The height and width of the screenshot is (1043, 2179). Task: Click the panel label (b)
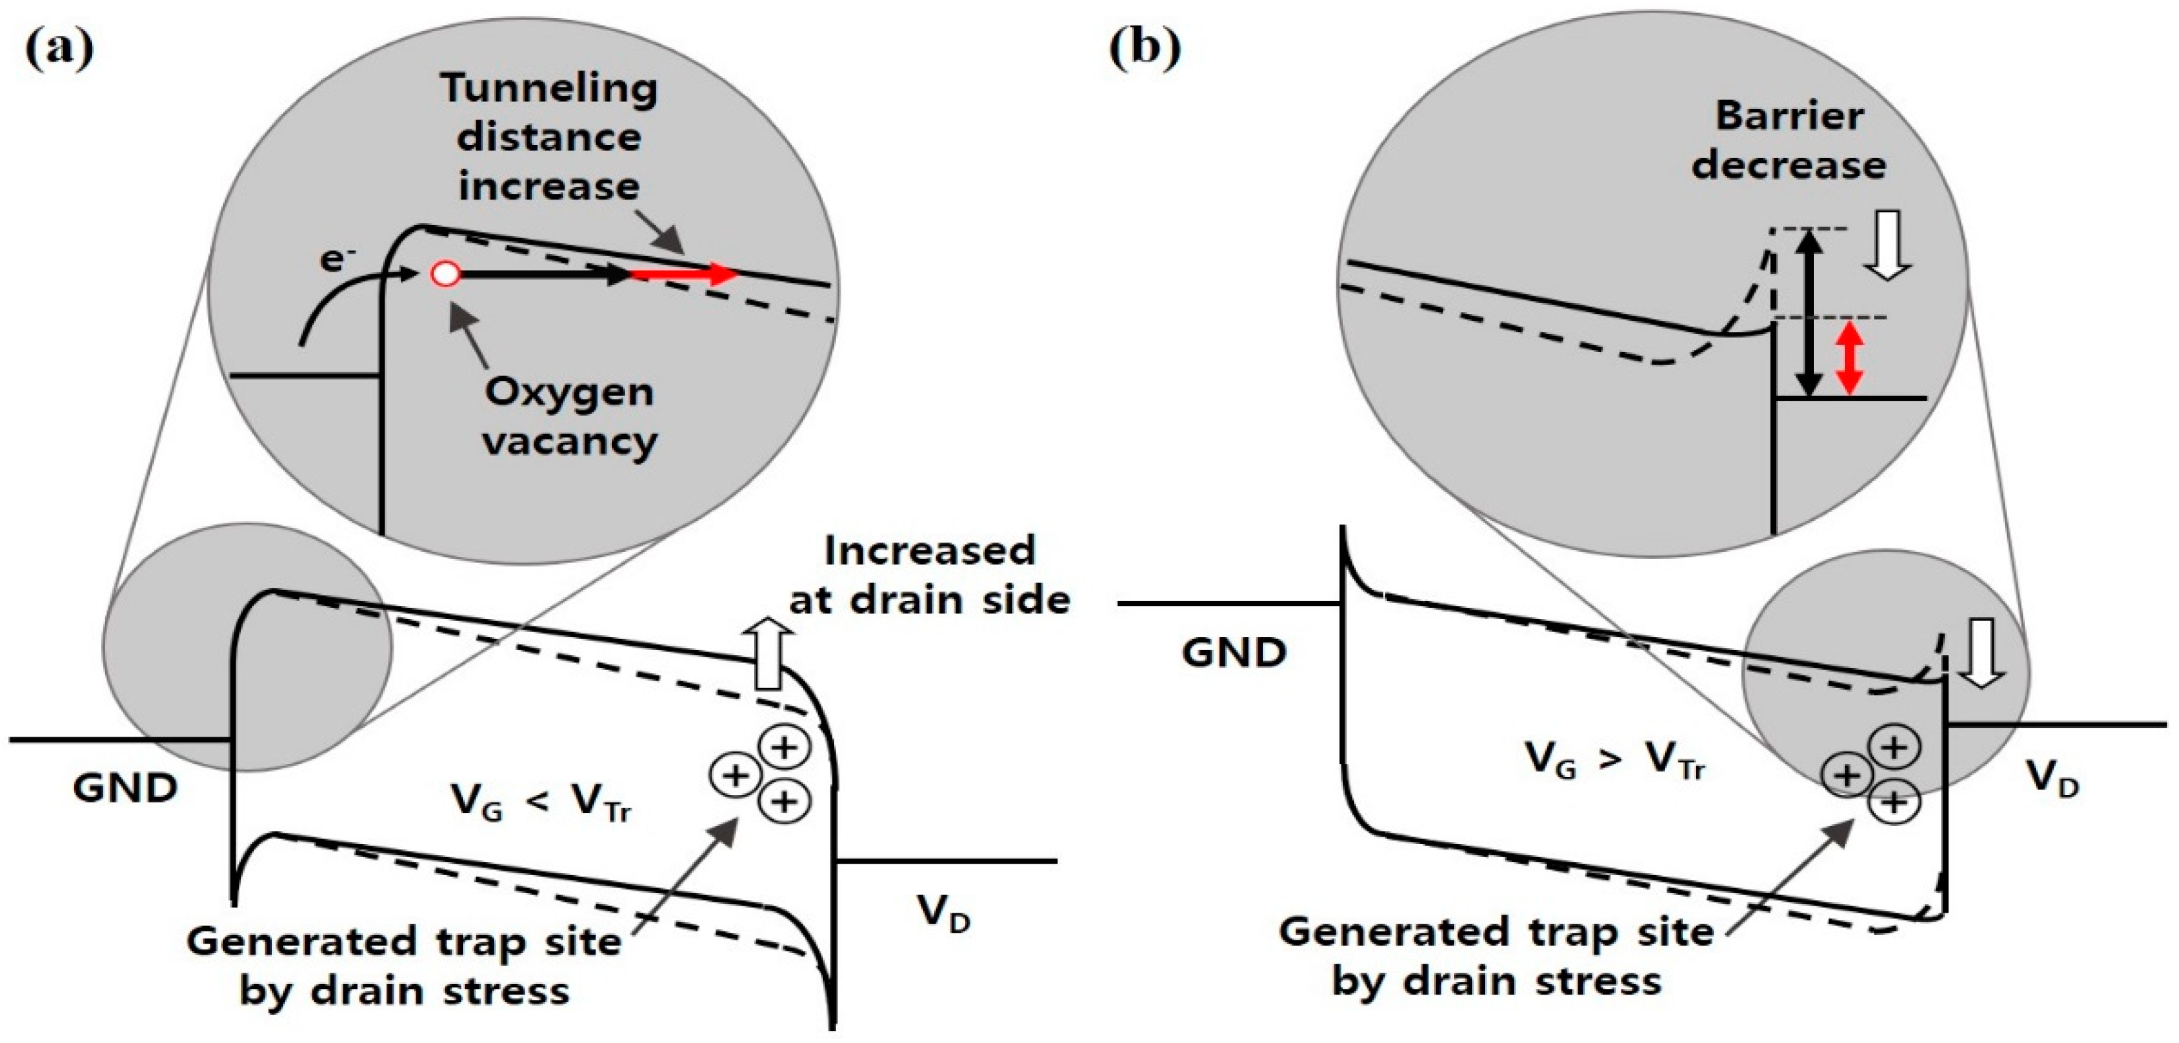1144,48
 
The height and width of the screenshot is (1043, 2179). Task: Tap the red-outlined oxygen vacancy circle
445,274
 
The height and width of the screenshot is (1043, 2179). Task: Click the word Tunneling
549,88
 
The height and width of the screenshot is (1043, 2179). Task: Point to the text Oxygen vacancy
569,416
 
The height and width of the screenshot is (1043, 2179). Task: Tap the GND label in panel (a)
125,788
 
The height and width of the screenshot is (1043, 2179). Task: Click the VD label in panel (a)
942,913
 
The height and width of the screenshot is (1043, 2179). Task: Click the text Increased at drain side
930,575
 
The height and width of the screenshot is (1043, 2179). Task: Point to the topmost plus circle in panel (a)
784,747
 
